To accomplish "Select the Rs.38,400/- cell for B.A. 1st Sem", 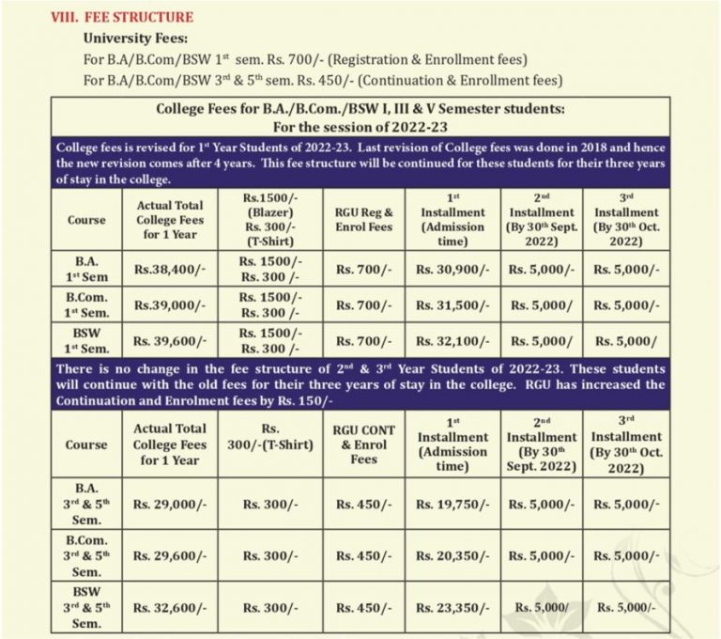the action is click(x=168, y=268).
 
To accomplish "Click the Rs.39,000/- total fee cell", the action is click(x=168, y=304).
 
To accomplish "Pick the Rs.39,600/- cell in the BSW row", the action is click(x=168, y=341).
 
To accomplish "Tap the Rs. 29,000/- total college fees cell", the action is click(x=168, y=505).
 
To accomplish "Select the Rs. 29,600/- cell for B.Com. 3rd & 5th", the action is click(x=168, y=555).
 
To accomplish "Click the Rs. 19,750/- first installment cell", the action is click(x=453, y=505).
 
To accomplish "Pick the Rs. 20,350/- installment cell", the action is click(x=453, y=555).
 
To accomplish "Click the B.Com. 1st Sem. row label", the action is click(x=87, y=304).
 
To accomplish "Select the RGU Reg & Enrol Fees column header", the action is click(x=363, y=220).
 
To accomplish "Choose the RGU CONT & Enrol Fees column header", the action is click(x=363, y=444).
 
